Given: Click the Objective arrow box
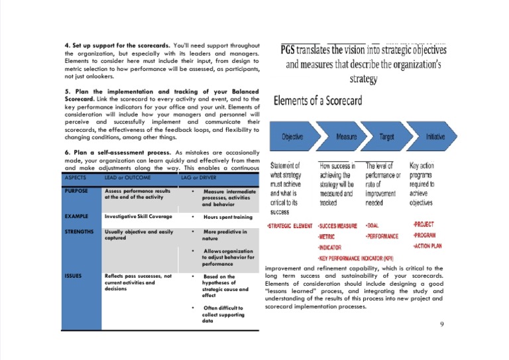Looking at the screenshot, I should click(292, 137).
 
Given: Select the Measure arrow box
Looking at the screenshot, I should click(346, 137).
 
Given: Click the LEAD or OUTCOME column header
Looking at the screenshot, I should click(127, 178).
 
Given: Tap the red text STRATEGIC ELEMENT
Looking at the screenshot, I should click(289, 226).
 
